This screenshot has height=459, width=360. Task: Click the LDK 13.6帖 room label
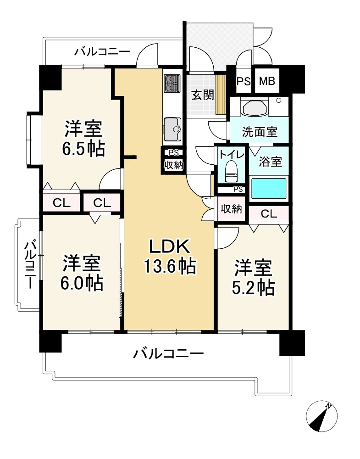coord(170,257)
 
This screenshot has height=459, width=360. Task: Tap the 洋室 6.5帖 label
coord(83,139)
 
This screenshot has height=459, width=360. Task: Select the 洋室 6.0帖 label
coord(82,273)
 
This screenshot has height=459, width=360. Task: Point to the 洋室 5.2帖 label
coord(253,277)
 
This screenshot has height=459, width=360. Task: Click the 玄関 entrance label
coord(203,95)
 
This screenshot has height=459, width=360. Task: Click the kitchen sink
coord(172,129)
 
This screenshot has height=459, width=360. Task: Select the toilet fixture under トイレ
coord(232,171)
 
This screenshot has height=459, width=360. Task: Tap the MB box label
coord(267,81)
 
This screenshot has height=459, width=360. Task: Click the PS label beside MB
coord(244,81)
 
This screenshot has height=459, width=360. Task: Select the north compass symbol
coord(321,416)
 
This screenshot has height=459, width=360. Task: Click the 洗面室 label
coord(260,132)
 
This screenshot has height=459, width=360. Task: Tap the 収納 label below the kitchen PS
coord(173,165)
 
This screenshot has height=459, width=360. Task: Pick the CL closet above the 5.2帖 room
coord(269,213)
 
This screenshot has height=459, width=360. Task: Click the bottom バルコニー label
coord(168,354)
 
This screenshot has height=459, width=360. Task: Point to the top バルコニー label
coord(102,52)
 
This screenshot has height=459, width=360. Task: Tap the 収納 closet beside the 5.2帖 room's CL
coord(231,209)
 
